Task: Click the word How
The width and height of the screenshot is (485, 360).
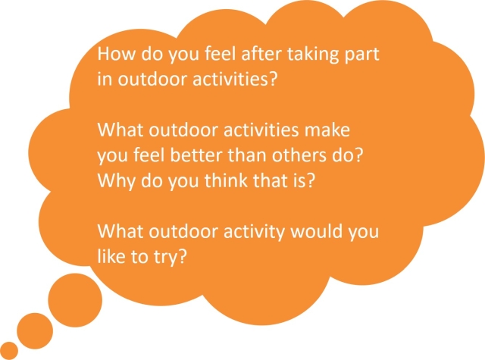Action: point(116,54)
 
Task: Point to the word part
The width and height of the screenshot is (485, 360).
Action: point(362,55)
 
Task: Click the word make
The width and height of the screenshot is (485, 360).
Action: point(327,130)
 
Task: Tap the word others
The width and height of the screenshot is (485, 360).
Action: point(299,155)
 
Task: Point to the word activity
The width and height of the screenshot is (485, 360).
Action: point(254,232)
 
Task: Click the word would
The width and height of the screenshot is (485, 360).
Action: point(317,231)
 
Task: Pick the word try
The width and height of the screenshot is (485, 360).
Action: point(165,258)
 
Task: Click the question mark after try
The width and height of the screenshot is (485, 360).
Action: point(183,256)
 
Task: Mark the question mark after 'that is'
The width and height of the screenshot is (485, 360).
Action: point(311,180)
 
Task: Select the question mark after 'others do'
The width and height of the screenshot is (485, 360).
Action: point(358,155)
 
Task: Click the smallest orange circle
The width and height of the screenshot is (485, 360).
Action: point(8,351)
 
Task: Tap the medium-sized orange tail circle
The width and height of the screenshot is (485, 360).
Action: point(35,331)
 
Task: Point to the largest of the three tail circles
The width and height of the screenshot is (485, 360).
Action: point(75,300)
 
